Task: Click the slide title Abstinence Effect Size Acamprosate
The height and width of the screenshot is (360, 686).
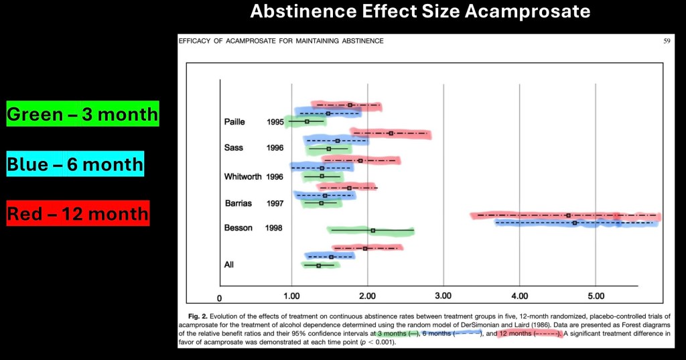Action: click(420, 11)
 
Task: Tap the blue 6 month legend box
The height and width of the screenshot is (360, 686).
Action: click(75, 164)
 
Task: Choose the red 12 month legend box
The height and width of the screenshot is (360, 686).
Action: click(76, 214)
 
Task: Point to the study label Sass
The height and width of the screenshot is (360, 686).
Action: click(234, 147)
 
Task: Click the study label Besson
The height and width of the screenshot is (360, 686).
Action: click(238, 228)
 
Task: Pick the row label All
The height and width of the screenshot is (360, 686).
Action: click(228, 265)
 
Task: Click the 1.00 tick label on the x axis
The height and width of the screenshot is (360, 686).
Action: click(291, 296)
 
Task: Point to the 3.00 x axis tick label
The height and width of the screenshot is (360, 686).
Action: click(443, 296)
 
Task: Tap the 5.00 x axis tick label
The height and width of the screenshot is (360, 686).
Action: click(596, 296)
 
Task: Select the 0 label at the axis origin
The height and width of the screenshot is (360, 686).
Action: click(219, 298)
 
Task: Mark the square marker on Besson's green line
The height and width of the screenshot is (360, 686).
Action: click(372, 231)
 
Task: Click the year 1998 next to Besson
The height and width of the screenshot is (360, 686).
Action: click(275, 228)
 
